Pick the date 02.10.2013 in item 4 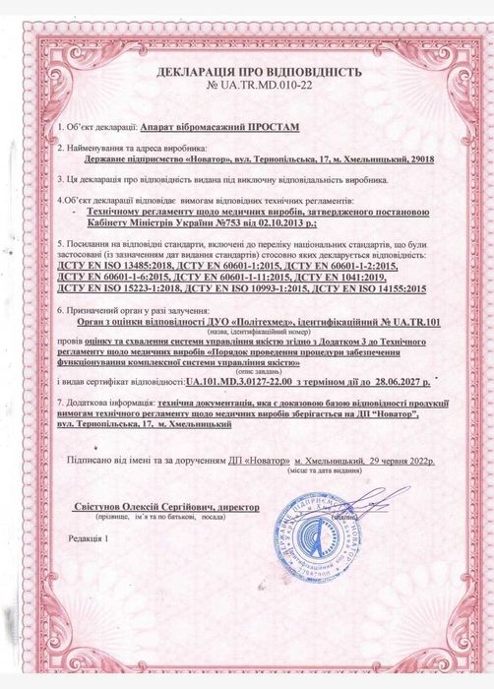pyautogui.click(x=288, y=224)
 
